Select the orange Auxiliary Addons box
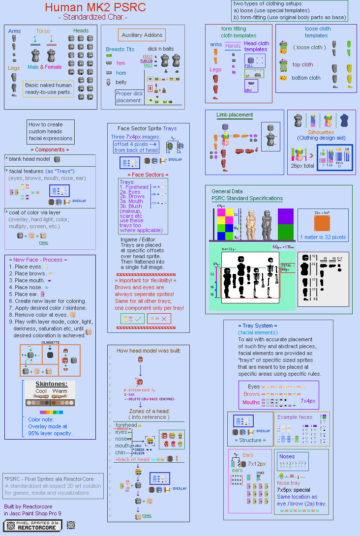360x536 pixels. coord(142,35)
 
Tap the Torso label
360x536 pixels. coord(43,31)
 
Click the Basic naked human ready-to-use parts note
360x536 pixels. coord(48,89)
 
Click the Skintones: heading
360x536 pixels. coord(50,384)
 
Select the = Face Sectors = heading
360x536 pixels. coord(148,175)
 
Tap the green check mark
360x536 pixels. coord(138,319)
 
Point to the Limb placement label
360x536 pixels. coord(235,115)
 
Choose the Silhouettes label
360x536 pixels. coord(321,132)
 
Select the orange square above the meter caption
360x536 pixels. coord(322,222)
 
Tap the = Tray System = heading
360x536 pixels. coord(257,326)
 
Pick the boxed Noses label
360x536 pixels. coord(287,456)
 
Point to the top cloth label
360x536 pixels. coord(302,64)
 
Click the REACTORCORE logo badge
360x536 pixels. coord(32,525)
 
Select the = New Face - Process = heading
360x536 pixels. coord(38,259)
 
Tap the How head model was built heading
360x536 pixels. coord(149,351)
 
